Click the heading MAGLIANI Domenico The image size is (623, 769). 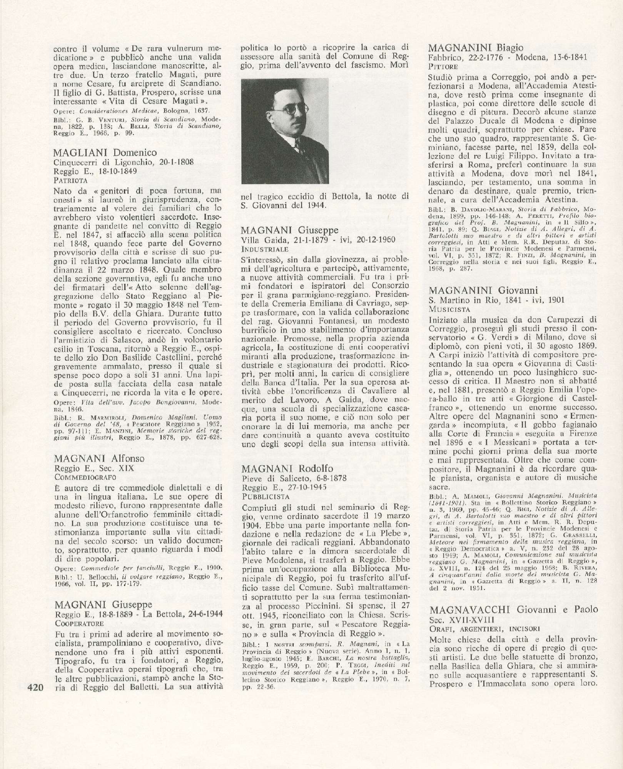105,153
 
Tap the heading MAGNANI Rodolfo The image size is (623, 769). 287,469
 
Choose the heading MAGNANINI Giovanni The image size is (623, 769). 483,290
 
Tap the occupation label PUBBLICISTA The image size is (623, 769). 266,496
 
